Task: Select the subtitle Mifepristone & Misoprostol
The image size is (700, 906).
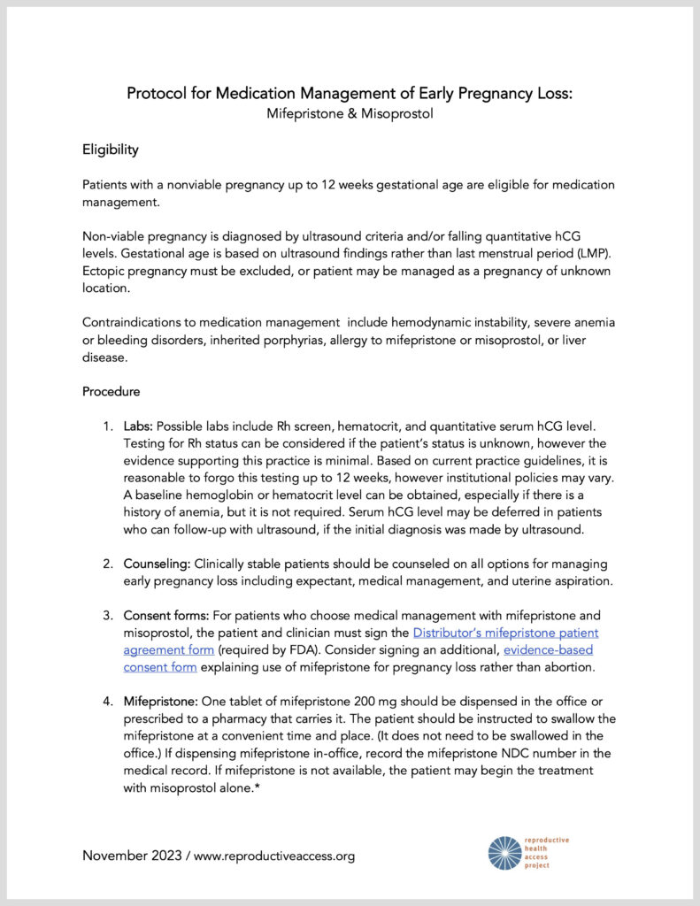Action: tap(350, 114)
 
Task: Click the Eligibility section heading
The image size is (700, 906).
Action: tap(111, 150)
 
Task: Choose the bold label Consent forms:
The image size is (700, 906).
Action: tap(167, 615)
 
